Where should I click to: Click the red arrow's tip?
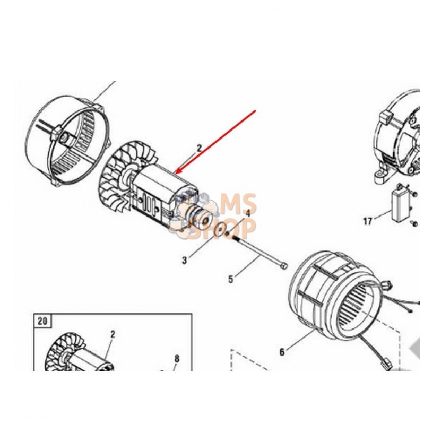pos(176,174)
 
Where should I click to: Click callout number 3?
pos(185,261)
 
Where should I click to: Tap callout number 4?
pos(248,213)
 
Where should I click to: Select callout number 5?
pos(230,279)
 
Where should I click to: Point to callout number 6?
pos(282,352)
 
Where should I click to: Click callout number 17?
pos(368,221)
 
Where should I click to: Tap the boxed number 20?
pos(42,321)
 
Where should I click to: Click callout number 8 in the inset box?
pos(177,359)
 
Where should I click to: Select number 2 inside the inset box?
pos(113,334)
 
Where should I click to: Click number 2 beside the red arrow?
pos(199,148)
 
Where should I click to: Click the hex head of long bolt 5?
pos(284,266)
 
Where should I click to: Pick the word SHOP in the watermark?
pos(221,229)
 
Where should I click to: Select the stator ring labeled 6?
pos(335,297)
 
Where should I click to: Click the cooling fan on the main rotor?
pos(117,179)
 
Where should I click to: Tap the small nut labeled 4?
pos(229,233)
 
